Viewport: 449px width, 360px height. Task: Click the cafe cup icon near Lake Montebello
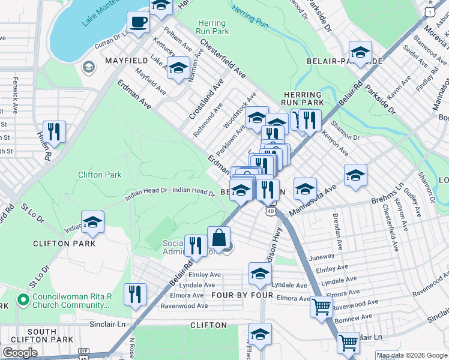139,23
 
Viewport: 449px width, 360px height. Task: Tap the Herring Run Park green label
212,27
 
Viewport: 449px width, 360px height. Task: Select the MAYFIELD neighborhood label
127,61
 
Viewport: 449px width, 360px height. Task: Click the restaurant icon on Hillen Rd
55,131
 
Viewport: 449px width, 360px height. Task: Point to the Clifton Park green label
100,175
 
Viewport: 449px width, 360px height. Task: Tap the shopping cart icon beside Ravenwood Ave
322,307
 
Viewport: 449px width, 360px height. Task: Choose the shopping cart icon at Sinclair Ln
348,343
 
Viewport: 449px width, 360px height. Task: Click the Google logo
20,353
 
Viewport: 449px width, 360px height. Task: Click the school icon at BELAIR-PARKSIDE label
360,52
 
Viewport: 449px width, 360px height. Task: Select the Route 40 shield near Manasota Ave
270,211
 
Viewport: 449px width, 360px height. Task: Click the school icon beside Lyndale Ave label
260,274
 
